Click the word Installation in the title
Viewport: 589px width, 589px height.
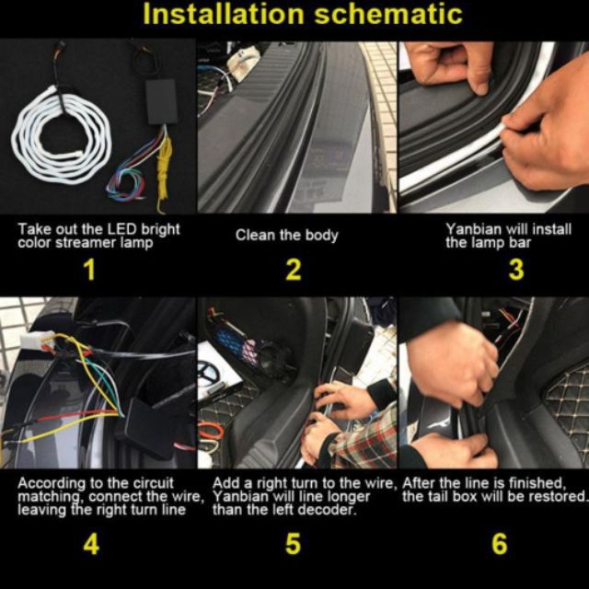[224, 14]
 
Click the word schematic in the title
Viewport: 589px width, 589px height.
[388, 14]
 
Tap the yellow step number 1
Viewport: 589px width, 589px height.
[89, 270]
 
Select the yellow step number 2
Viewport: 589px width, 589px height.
[294, 270]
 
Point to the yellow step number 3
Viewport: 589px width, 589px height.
[516, 270]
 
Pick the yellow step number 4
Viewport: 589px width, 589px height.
[91, 544]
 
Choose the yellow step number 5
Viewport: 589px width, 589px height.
[293, 544]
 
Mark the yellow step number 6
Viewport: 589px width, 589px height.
[500, 544]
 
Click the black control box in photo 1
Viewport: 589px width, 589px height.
[162, 101]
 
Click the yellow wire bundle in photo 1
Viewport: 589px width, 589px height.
[164, 169]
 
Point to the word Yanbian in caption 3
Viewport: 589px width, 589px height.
[473, 229]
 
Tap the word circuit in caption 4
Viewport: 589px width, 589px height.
[154, 482]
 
